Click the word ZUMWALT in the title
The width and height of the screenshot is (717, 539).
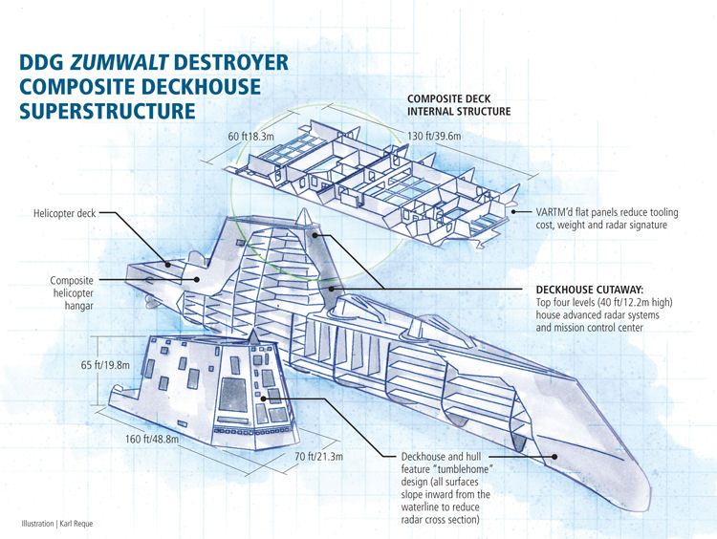119,62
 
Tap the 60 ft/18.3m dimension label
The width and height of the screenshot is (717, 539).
251,137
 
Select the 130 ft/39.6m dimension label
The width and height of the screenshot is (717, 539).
434,136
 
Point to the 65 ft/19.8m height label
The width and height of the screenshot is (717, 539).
105,365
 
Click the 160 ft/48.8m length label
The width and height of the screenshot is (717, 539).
152,439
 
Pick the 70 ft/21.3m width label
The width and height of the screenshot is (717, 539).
318,456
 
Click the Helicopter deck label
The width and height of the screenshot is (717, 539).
64,213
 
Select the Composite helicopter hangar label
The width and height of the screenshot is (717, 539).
72,293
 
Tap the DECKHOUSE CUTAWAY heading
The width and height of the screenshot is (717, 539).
590,290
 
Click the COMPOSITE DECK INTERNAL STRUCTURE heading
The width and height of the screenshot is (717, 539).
459,105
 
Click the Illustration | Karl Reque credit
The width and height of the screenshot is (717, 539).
57,524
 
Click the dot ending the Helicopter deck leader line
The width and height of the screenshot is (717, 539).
168,264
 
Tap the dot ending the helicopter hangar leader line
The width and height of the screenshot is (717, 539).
197,279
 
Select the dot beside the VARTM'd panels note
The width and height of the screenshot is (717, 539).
514,211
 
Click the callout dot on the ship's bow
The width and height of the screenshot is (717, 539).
554,456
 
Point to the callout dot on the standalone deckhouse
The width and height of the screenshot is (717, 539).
263,399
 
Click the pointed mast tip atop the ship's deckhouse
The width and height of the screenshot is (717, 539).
304,210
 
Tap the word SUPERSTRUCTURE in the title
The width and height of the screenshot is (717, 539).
107,111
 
